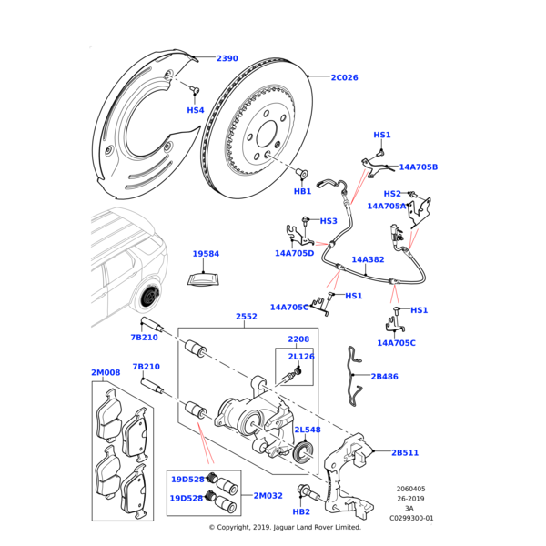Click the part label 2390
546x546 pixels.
click(227, 59)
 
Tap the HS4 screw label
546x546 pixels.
click(196, 110)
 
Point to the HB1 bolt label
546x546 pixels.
click(303, 192)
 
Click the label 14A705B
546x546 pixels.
click(419, 167)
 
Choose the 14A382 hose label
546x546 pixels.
click(369, 259)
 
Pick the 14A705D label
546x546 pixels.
click(295, 253)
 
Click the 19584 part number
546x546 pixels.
click(207, 254)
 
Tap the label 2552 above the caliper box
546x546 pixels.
click(247, 317)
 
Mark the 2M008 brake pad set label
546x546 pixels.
click(106, 373)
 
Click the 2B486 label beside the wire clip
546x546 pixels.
click(385, 377)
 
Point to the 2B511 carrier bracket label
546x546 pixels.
click(405, 452)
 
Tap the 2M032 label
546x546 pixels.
click(268, 495)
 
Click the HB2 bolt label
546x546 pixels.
click(301, 512)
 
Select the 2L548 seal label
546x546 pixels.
click(308, 430)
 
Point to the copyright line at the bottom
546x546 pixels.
click(285, 528)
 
